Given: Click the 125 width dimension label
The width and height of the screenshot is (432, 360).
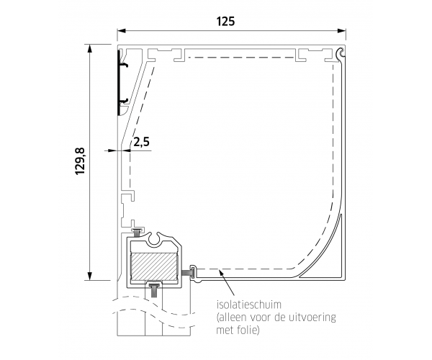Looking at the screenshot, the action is tap(225, 22).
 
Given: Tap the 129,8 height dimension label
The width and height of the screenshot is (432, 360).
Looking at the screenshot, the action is tap(80, 161).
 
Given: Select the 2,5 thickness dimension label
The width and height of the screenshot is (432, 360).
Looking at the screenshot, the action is tap(141, 142).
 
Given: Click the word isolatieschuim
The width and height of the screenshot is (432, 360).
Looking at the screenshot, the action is tap(249, 305).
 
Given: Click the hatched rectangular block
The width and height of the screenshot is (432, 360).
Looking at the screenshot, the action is tap(154, 266).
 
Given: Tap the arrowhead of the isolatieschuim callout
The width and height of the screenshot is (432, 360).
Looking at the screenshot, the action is tap(221, 273).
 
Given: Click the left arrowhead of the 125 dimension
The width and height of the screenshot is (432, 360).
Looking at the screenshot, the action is tap(122, 30).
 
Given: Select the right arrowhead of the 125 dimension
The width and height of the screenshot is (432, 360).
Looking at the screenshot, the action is tap(341, 30).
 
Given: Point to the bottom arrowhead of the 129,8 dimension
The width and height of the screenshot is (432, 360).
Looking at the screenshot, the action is tap(89, 276).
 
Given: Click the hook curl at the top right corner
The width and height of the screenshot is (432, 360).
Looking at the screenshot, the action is tap(341, 53).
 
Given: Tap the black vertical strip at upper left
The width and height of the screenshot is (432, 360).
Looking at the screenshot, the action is tap(119, 83).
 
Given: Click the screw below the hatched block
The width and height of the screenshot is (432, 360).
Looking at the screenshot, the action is tap(154, 289).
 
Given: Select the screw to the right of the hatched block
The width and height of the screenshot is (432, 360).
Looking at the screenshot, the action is tap(189, 273).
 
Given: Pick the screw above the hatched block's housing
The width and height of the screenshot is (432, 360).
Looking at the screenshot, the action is tap(137, 232).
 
